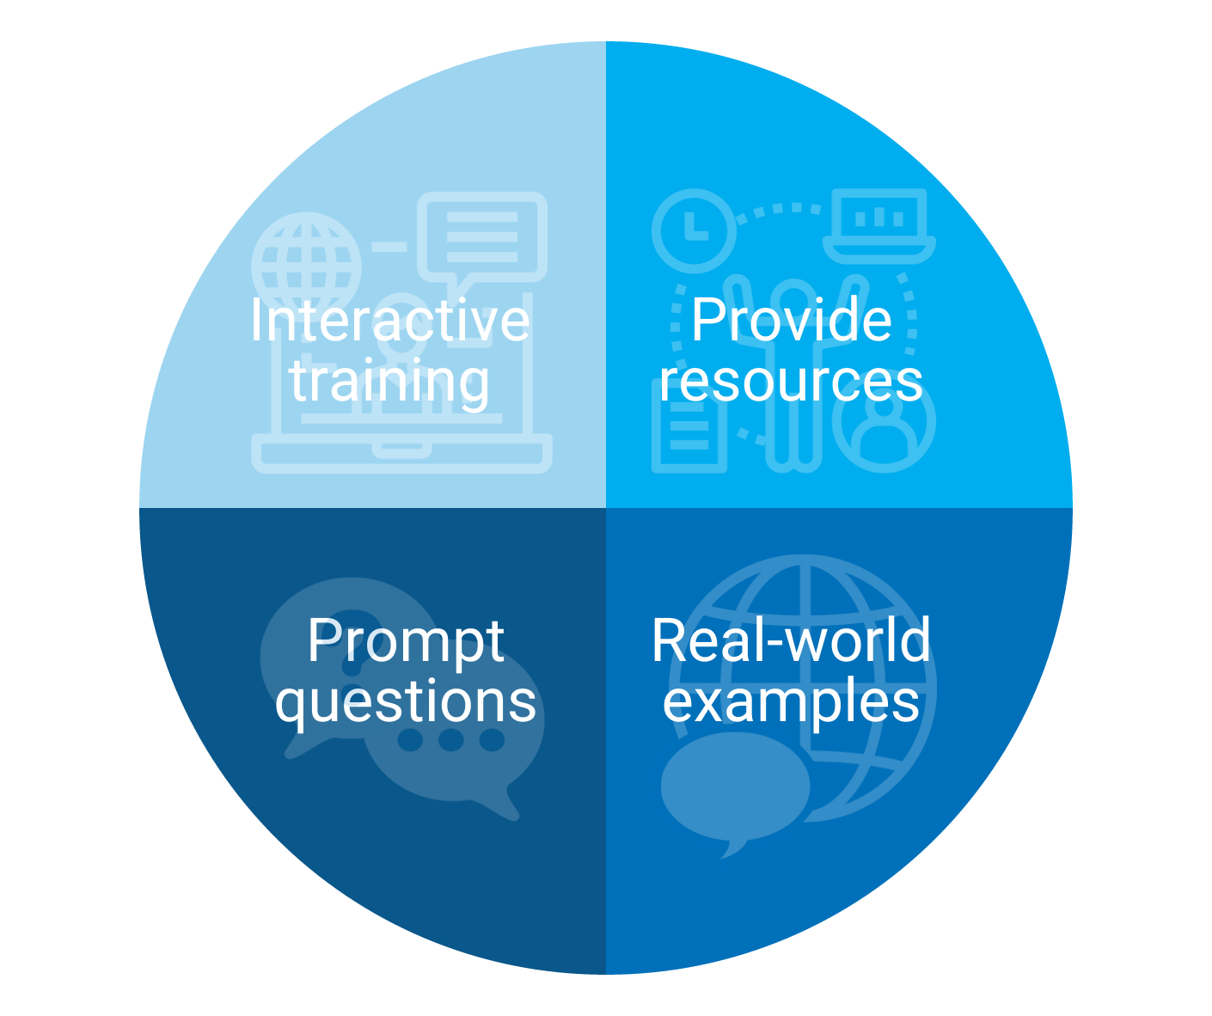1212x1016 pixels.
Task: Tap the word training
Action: (389, 382)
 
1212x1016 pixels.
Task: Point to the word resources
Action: (791, 382)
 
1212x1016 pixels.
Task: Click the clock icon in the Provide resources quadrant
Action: (695, 230)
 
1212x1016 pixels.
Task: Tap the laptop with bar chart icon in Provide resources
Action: (878, 226)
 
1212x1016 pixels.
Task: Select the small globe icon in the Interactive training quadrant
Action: (307, 267)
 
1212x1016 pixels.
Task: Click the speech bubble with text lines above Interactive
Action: (481, 239)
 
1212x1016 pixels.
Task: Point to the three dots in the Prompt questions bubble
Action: (451, 739)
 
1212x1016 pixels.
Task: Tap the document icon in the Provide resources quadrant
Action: (689, 430)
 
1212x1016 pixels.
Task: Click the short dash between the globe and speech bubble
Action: (389, 247)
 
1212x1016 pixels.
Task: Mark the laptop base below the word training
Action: (401, 453)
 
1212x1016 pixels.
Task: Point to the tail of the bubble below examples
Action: (732, 848)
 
